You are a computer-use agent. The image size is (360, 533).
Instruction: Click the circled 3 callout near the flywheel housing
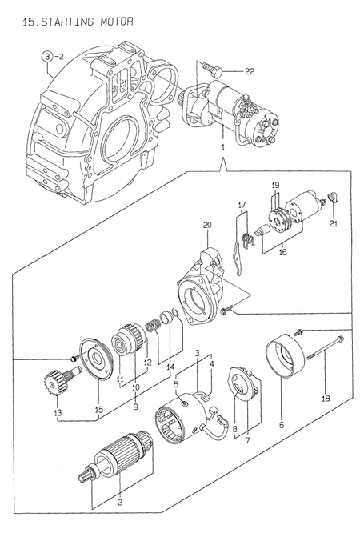[x=48, y=56]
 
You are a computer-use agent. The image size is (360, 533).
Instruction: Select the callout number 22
[x=250, y=72]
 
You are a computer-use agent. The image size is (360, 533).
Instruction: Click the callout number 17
[x=239, y=206]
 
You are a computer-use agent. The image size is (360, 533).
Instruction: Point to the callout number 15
[x=98, y=411]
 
